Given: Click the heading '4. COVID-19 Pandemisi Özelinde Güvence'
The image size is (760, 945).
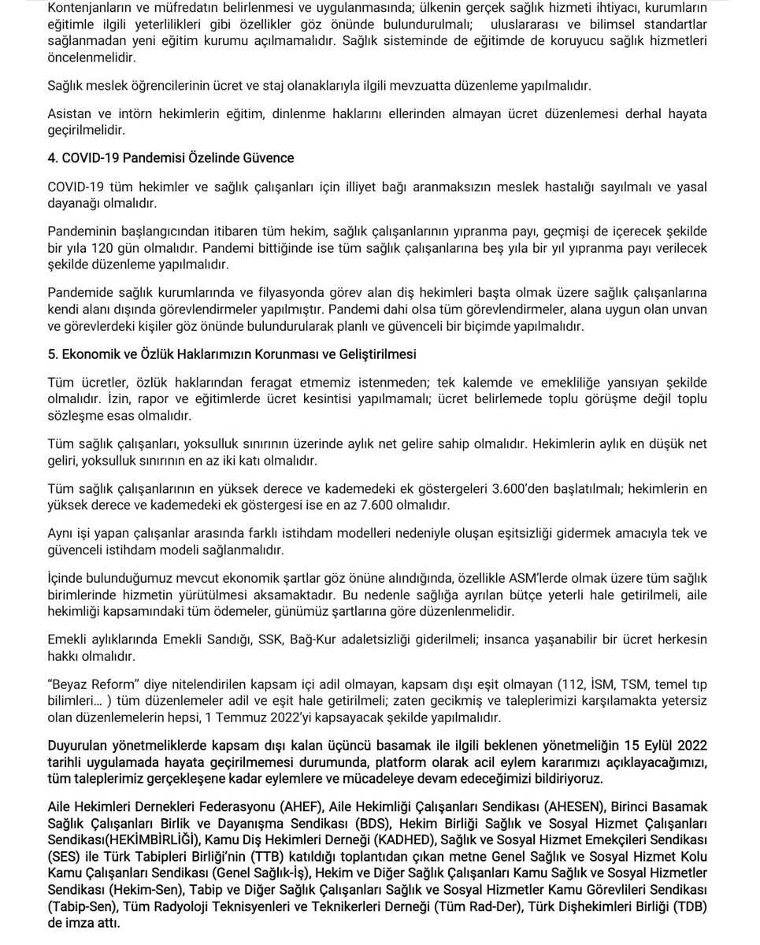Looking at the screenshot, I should (171, 158).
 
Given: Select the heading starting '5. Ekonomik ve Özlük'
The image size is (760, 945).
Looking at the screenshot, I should (232, 354).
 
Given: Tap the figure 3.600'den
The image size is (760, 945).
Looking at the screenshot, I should (522, 488).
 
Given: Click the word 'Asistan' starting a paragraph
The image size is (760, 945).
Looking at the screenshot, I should (69, 114).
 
